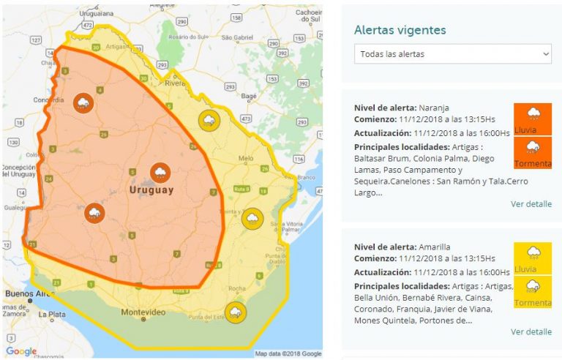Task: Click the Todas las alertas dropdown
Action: [452, 54]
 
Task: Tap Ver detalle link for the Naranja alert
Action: [531, 204]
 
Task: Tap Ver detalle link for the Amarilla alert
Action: [531, 331]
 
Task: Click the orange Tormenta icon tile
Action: [533, 153]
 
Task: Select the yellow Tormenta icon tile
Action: [533, 292]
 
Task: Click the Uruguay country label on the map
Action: [151, 190]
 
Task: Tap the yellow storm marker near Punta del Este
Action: [236, 312]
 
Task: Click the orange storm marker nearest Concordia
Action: [83, 102]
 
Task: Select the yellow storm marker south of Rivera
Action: [209, 120]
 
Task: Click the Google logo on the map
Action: [21, 352]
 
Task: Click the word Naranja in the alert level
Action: [435, 107]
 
